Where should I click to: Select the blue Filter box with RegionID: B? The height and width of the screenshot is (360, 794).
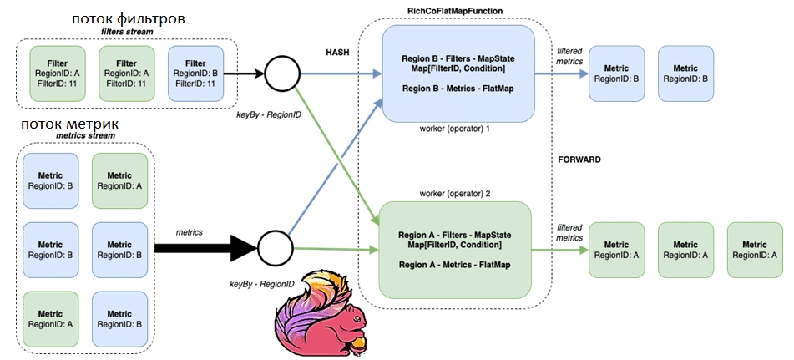point(195,74)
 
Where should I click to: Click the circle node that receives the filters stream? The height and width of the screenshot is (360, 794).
point(281,74)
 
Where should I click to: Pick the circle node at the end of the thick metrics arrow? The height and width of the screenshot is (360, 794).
point(276,247)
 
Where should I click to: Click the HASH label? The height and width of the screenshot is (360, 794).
point(336,52)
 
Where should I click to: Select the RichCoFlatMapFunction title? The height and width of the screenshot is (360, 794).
point(453,10)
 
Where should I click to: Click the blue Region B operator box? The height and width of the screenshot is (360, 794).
point(458,74)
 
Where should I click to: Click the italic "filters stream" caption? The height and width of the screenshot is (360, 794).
point(127,32)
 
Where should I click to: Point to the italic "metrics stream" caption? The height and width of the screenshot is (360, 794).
point(85,136)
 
